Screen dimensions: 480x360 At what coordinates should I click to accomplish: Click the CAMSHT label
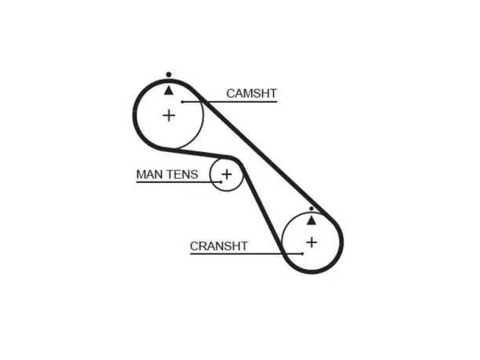click(x=251, y=93)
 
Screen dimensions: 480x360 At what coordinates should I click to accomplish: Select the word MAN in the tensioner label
click(x=149, y=174)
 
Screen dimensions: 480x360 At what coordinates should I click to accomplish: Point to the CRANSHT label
click(x=219, y=246)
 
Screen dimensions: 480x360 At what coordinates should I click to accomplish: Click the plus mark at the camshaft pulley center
click(x=169, y=116)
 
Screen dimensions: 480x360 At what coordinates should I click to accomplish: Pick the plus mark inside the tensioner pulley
click(x=227, y=174)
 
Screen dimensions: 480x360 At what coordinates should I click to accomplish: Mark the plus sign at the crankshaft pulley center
click(x=311, y=242)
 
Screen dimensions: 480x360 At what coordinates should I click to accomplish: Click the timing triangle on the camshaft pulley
click(x=169, y=91)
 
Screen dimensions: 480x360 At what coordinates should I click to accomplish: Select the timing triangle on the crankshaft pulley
click(x=311, y=220)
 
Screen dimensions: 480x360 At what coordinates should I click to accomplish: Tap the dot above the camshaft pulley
click(x=169, y=75)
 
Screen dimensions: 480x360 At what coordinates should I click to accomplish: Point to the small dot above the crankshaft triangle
click(x=311, y=209)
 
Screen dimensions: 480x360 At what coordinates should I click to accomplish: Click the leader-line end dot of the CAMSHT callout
click(x=183, y=102)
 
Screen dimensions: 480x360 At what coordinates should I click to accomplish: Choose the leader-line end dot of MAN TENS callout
click(x=221, y=182)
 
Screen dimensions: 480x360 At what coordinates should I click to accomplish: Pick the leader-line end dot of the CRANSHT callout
click(x=302, y=254)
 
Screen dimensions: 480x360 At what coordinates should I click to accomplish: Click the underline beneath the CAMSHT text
click(x=230, y=102)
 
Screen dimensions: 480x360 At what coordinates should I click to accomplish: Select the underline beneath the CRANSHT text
click(x=246, y=254)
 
